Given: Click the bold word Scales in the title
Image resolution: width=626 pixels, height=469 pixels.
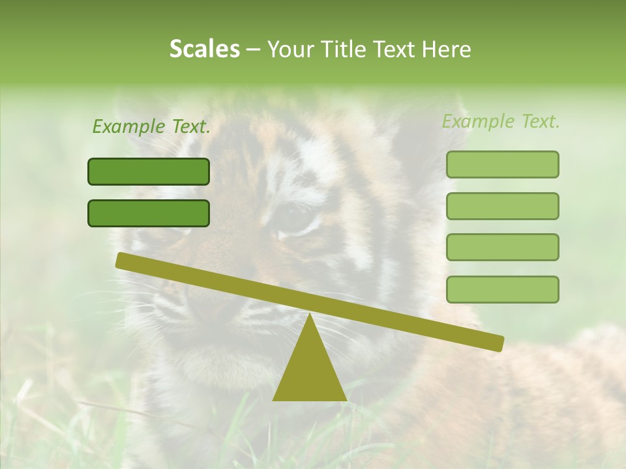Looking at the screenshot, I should coord(205,49).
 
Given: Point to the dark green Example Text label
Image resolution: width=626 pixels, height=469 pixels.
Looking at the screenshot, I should coord(151,126).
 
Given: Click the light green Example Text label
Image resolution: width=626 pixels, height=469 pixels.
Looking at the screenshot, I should coord(501,121).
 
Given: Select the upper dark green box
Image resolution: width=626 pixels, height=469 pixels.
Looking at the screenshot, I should coord(149,171).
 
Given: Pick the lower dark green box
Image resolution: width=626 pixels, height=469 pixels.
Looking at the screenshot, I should coord(149,213).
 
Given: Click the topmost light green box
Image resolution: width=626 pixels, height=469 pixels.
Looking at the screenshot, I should coord(502,164).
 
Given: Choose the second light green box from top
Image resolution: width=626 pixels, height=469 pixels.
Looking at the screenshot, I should coord(502,206).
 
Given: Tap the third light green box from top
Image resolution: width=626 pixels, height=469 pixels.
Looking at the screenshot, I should coord(502,247).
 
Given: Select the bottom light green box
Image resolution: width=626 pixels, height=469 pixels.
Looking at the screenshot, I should coord(502,289).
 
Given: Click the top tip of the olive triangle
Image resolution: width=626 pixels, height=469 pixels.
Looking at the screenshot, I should coord(309,315).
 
